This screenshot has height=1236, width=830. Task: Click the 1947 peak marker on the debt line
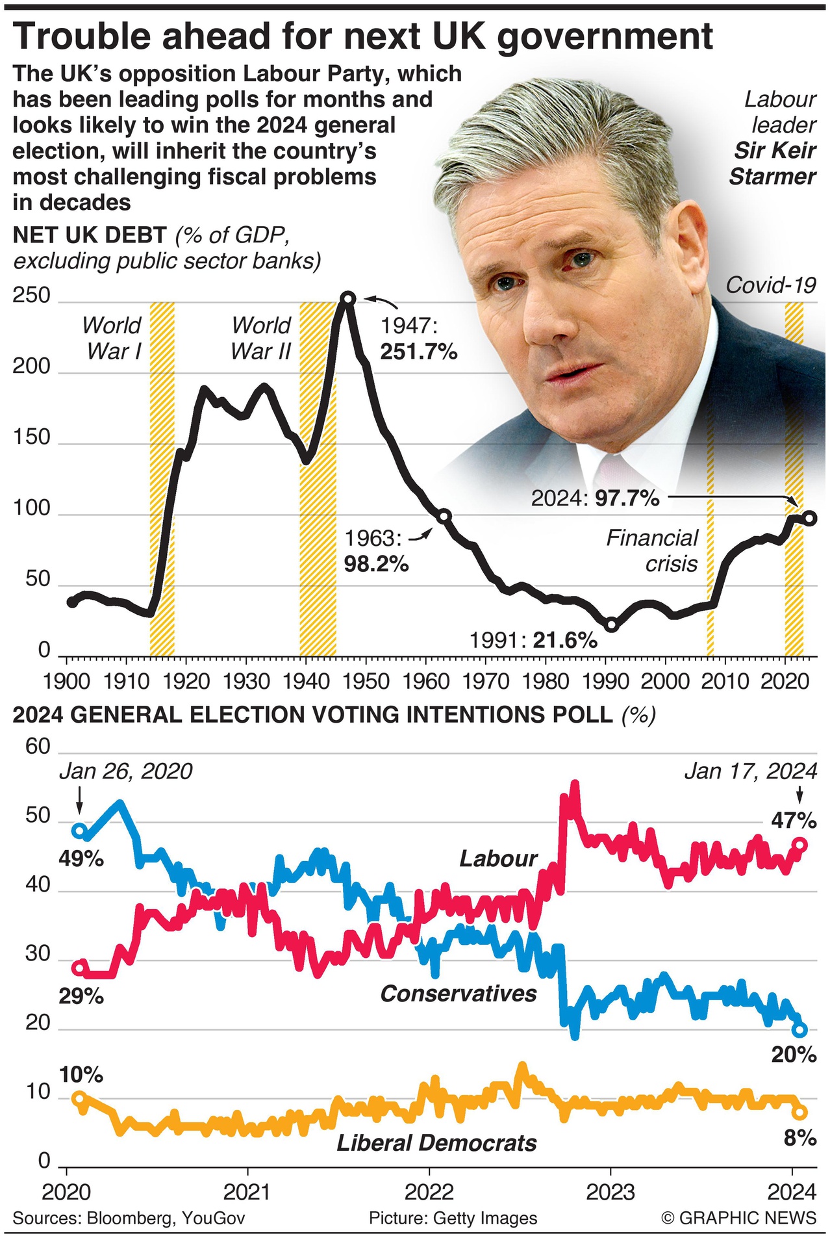point(348,298)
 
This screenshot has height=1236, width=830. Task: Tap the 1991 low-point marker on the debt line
point(611,625)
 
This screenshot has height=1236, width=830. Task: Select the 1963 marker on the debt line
point(444,517)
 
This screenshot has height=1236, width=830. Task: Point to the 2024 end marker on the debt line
point(809,518)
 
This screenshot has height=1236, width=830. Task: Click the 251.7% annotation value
point(418,352)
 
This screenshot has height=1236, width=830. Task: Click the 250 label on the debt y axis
point(31,295)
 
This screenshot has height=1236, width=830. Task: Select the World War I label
point(112,338)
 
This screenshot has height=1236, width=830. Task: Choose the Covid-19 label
point(770,285)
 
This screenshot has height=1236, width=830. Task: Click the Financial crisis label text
point(652,550)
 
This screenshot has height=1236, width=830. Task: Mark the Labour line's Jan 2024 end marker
point(800,845)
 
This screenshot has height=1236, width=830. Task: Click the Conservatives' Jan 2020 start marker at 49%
point(79,830)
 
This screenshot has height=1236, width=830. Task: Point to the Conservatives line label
point(459,993)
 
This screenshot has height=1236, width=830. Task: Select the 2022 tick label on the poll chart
point(429,1191)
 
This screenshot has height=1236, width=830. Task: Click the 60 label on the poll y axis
point(38,746)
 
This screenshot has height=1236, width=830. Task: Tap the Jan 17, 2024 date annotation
point(750,771)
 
